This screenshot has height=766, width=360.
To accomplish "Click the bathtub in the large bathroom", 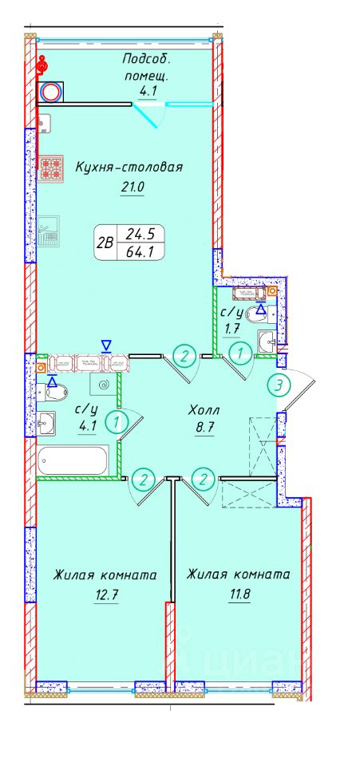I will (x=73, y=460).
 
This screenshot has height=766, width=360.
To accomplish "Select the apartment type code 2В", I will (x=103, y=244).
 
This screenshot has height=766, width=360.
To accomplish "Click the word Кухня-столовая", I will (x=130, y=168).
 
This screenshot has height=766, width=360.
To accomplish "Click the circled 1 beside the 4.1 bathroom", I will (x=118, y=420).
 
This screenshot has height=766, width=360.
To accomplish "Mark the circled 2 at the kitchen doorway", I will (x=184, y=354).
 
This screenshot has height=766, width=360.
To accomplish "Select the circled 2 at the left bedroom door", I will (x=144, y=480).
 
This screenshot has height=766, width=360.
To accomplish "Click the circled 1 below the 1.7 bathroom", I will (x=237, y=351).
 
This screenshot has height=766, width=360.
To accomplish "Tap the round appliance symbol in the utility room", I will (x=50, y=92).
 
